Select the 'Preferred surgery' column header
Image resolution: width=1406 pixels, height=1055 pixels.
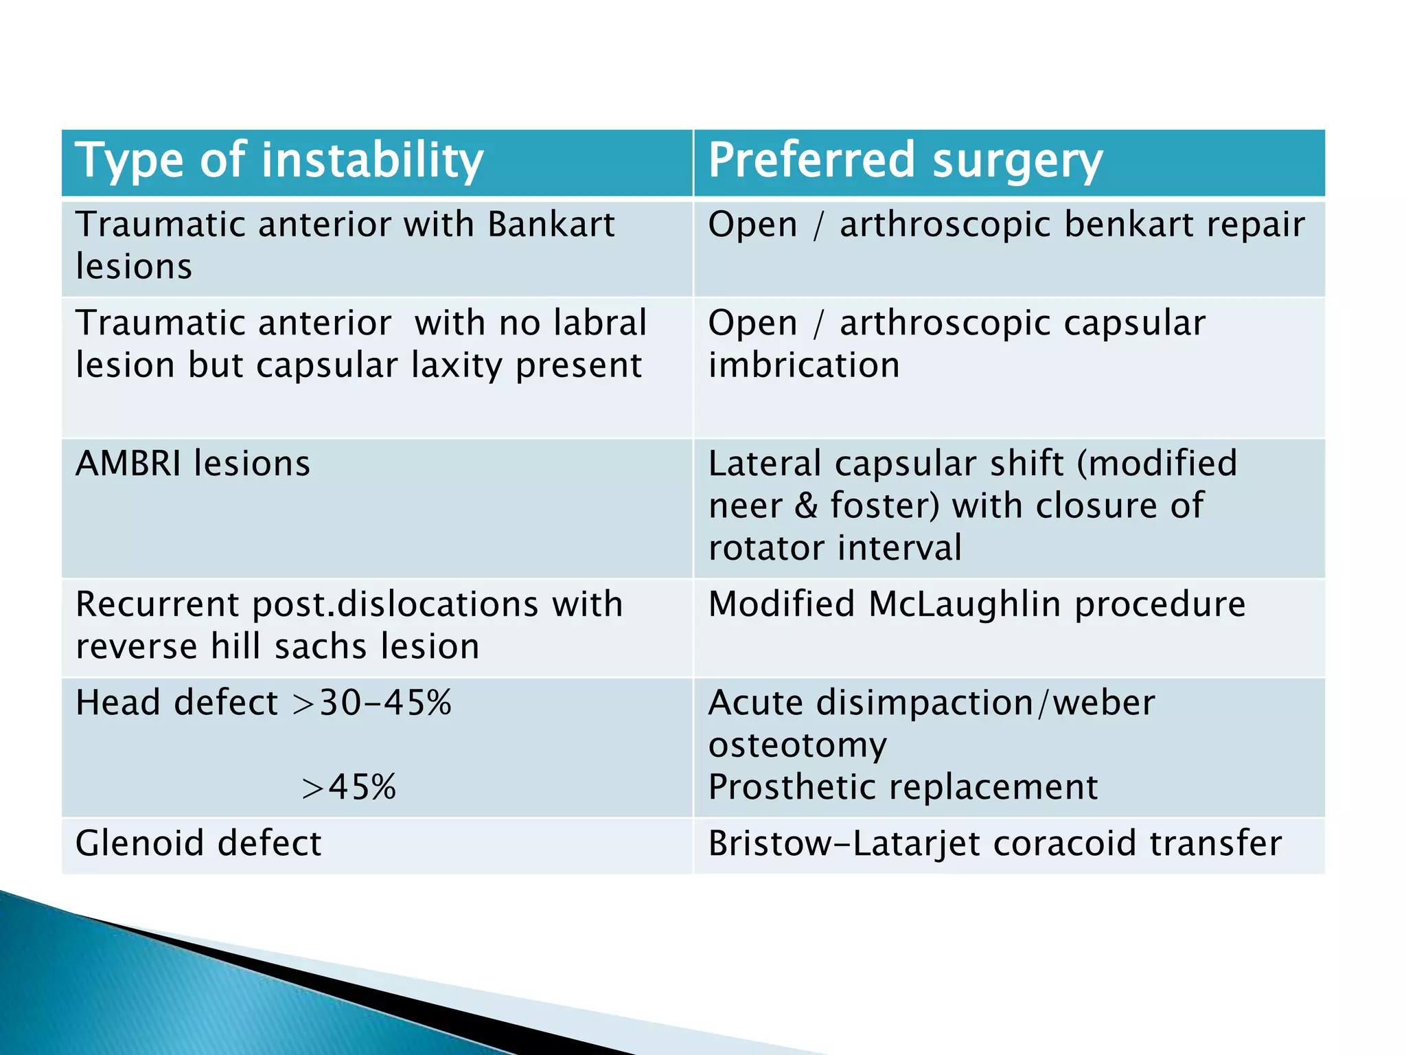[905, 161]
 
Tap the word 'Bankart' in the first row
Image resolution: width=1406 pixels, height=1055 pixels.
[551, 225]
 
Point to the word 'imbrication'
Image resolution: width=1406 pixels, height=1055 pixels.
[803, 365]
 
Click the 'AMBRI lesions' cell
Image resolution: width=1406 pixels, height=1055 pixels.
[193, 464]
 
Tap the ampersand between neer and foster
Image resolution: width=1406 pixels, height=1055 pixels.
[806, 506]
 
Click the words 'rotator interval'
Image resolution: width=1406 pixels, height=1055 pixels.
[834, 548]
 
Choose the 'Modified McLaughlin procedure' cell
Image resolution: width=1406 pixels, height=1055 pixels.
[976, 604]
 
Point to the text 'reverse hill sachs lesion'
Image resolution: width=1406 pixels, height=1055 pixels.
[277, 647]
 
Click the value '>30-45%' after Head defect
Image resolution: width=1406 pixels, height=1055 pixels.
[372, 703]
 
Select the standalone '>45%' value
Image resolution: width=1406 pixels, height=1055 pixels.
[349, 787]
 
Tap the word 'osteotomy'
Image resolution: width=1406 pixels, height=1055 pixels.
[797, 745]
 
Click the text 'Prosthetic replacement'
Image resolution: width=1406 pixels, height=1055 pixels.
[903, 787]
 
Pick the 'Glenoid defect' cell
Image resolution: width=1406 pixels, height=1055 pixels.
[198, 843]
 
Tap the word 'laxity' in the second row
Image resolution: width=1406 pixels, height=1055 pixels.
[457, 366]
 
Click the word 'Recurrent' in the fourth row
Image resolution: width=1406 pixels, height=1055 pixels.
[158, 604]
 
